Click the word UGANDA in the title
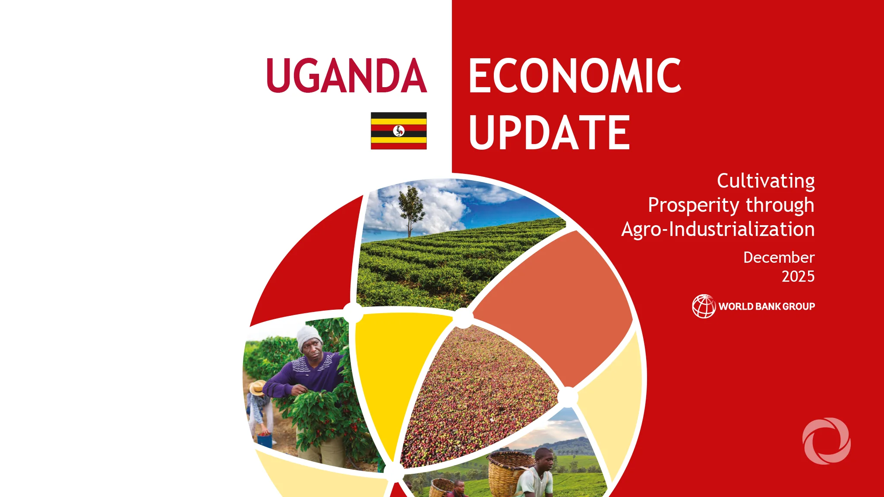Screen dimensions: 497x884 (347, 76)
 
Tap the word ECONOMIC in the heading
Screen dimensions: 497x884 (575, 76)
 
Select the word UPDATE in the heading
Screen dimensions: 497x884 (549, 133)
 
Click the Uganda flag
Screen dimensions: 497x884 (398, 131)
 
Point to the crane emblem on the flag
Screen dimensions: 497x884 (399, 131)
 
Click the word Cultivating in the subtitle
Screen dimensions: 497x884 (766, 181)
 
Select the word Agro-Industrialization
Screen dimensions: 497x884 (718, 230)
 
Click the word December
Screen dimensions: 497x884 (779, 258)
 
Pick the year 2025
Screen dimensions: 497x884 (798, 277)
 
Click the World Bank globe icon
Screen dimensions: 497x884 (704, 306)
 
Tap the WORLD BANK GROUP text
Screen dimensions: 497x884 (767, 306)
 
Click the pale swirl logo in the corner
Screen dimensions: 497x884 (826, 441)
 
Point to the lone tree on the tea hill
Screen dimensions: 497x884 (410, 209)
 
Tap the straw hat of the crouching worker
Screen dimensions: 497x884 (258, 387)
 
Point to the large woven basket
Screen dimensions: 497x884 (509, 472)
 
